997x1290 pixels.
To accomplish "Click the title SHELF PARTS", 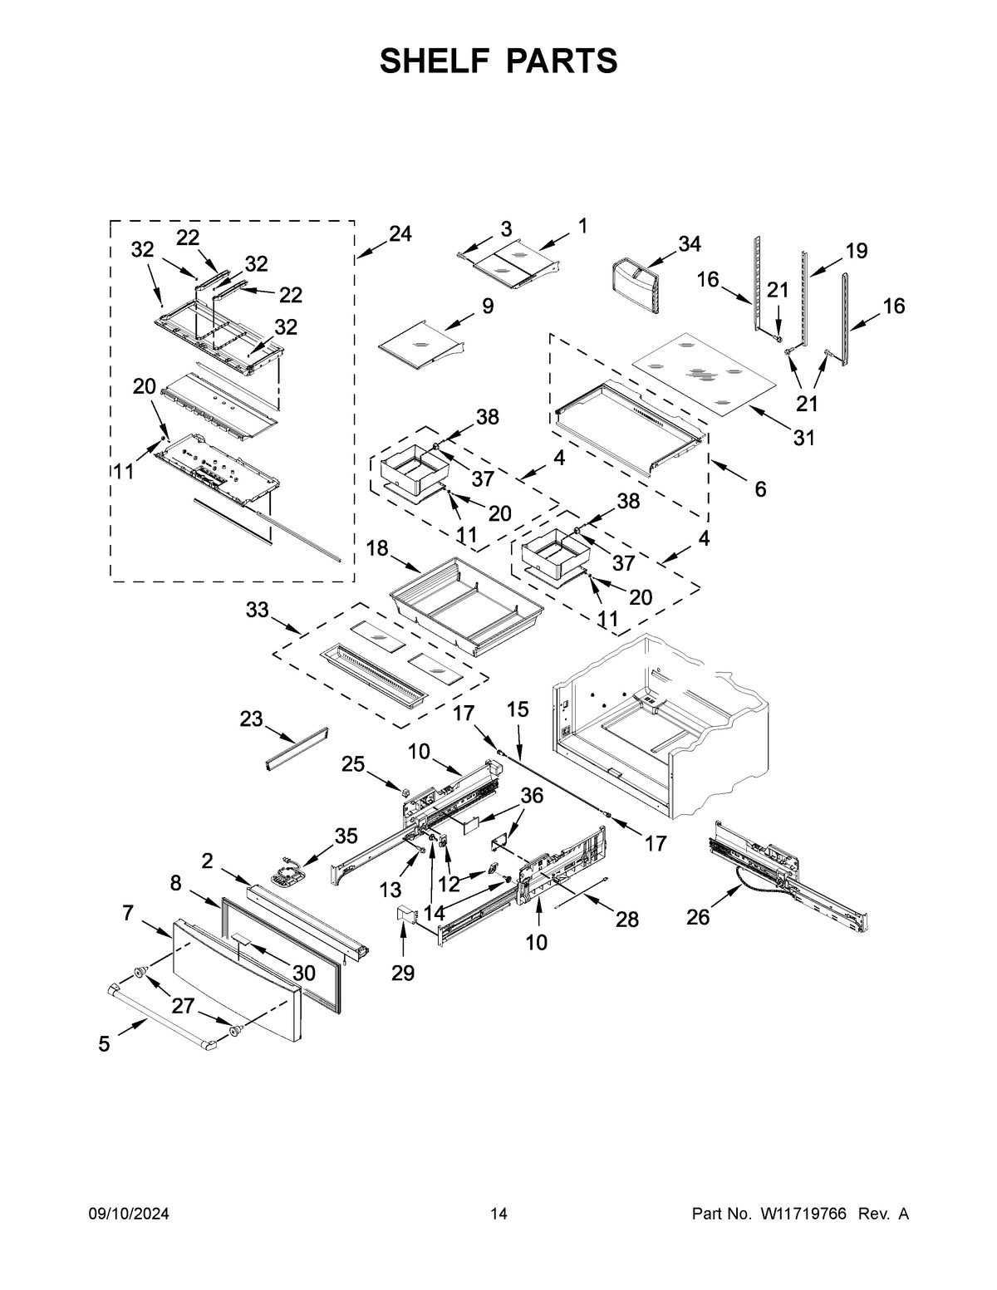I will point(498,61).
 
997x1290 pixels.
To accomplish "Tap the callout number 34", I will point(689,244).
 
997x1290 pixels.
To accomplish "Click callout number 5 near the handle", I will point(104,1044).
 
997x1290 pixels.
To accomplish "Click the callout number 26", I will point(698,918).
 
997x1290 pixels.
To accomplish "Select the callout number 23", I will point(252,719).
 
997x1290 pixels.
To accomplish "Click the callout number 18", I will point(378,549).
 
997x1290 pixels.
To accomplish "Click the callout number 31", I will point(804,437).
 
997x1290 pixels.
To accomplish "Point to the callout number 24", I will point(400,234).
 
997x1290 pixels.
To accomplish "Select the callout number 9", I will point(487,307).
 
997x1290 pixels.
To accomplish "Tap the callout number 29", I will point(403,973).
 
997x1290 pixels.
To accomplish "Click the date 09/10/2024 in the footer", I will point(129,1214).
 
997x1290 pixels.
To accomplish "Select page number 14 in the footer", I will point(498,1214).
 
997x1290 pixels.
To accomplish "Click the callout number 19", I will point(856,250).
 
